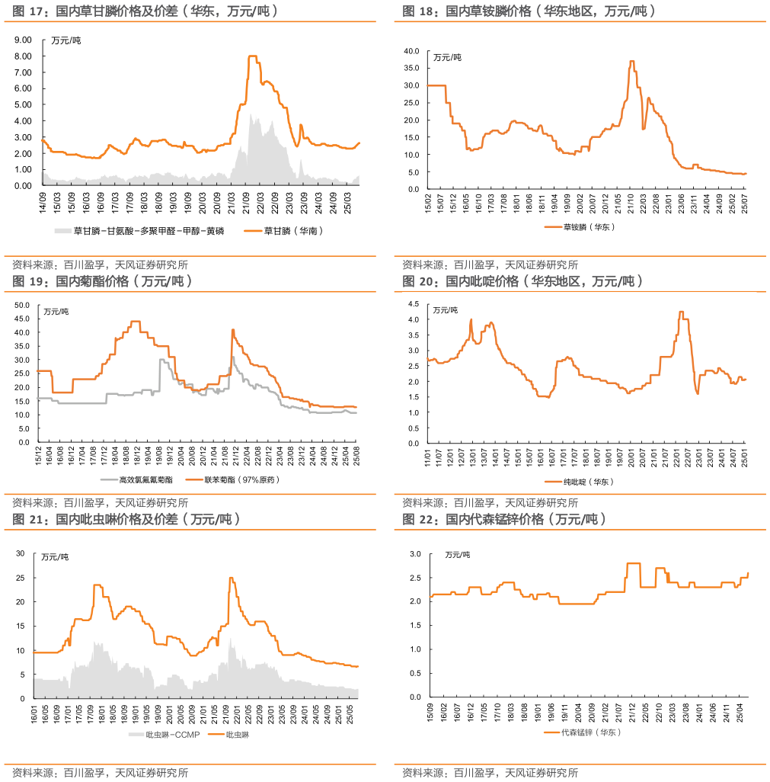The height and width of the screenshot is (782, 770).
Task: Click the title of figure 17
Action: pos(145,11)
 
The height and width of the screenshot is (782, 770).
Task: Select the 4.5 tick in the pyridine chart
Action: pos(414,303)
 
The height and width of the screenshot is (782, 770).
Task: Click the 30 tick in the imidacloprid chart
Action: pos(21,553)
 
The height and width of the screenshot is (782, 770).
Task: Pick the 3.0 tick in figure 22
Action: pos(414,554)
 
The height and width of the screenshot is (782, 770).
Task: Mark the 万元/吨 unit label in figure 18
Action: pos(447,57)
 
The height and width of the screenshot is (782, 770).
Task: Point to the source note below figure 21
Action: pos(100,773)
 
